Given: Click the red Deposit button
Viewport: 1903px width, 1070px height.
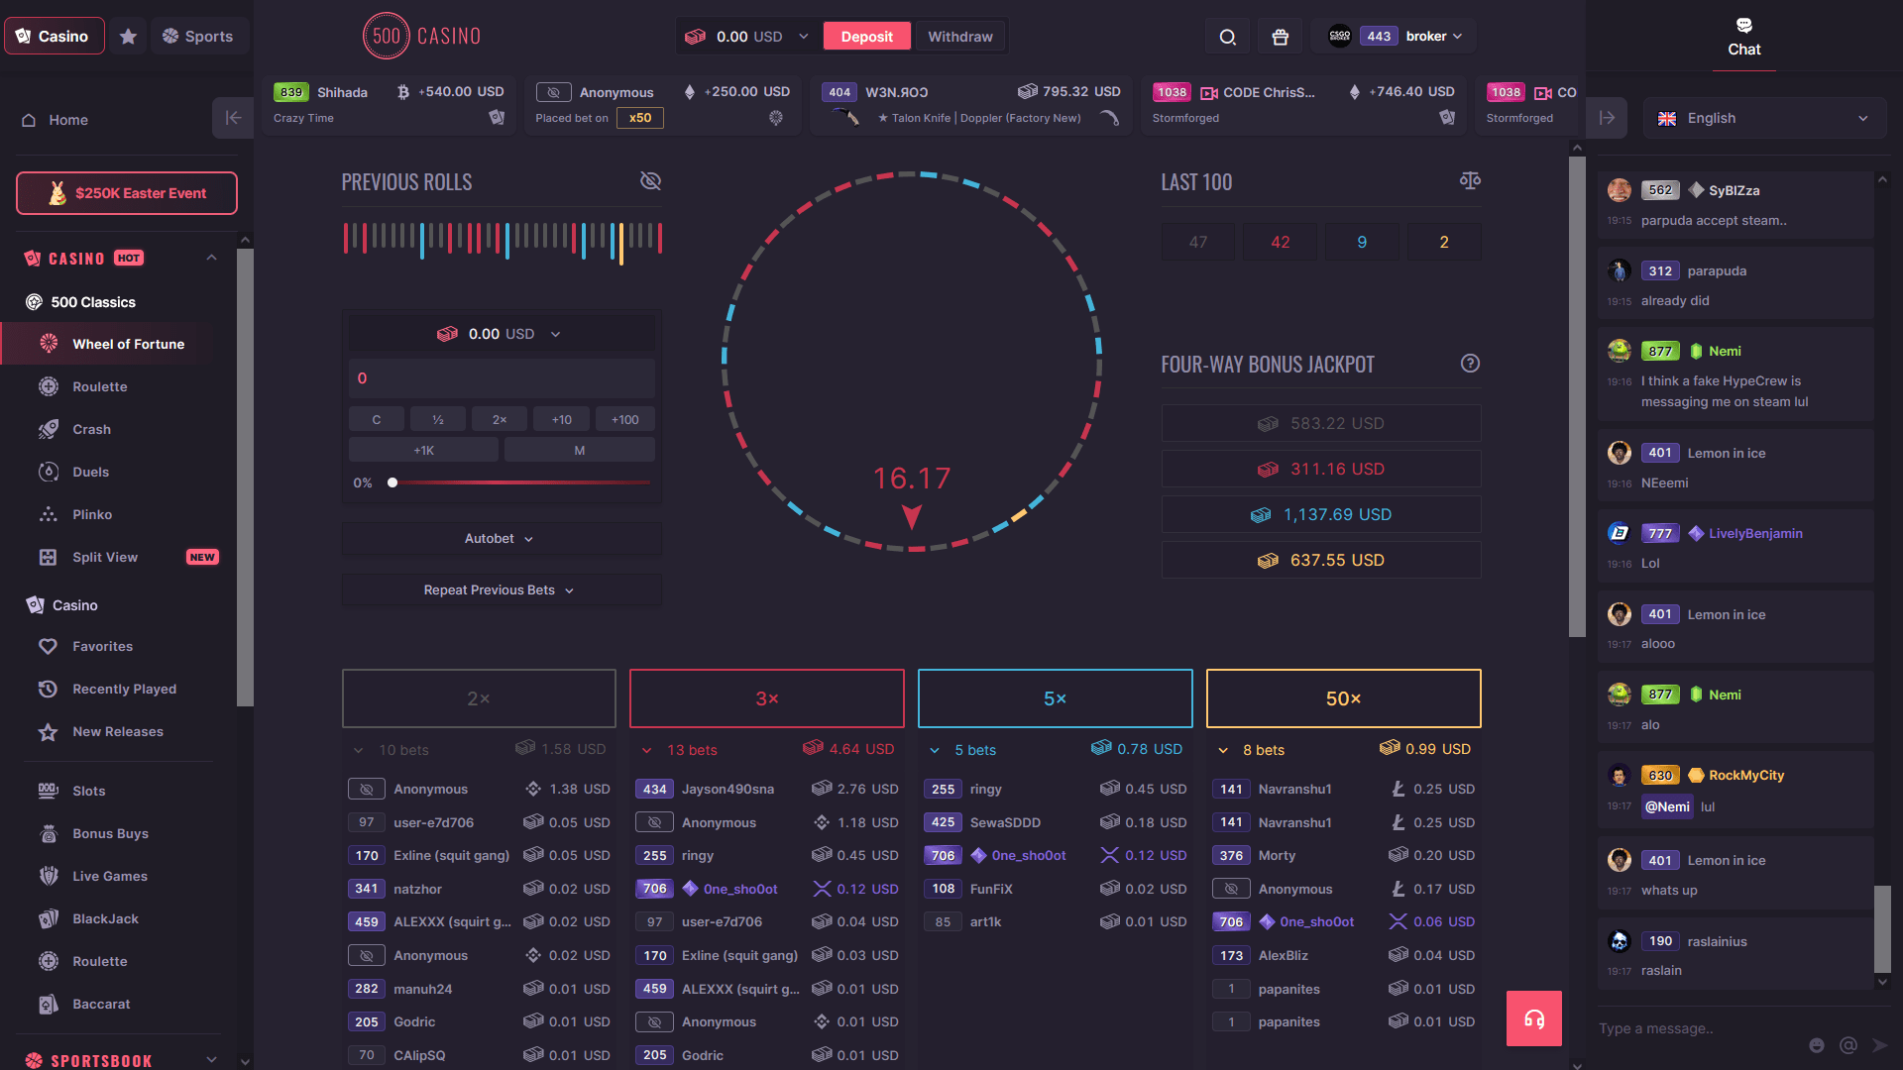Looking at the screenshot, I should [866, 37].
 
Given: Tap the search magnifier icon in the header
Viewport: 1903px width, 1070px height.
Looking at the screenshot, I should [1227, 37].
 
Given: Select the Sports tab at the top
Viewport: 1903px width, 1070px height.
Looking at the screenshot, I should [198, 37].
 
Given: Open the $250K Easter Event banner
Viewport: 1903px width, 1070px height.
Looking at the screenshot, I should [127, 193].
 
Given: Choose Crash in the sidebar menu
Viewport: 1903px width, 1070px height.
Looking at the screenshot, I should [91, 429].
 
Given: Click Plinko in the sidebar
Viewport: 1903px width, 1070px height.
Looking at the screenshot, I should [92, 514].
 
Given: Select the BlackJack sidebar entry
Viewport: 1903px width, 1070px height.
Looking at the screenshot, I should [105, 918].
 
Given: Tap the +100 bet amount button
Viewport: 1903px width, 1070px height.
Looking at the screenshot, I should [624, 420].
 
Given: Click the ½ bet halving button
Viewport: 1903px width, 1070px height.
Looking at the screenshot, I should [438, 420].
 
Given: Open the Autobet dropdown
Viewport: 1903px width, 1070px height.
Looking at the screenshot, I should [500, 539].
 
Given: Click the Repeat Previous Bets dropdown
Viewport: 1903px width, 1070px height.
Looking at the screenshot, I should [500, 590].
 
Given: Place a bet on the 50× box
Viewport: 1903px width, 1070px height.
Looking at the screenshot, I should [1343, 698].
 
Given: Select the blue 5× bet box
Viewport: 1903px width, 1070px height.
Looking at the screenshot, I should [1055, 698].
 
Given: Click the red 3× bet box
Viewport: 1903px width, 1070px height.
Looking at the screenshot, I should [766, 698].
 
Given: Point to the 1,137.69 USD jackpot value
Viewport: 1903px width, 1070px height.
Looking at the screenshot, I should [1336, 515].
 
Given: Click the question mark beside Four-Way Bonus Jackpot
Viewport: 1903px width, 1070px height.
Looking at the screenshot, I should [1470, 364].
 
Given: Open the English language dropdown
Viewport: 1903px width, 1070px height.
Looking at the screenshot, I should [1764, 118].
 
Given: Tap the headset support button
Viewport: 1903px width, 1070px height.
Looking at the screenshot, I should [1533, 1018].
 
